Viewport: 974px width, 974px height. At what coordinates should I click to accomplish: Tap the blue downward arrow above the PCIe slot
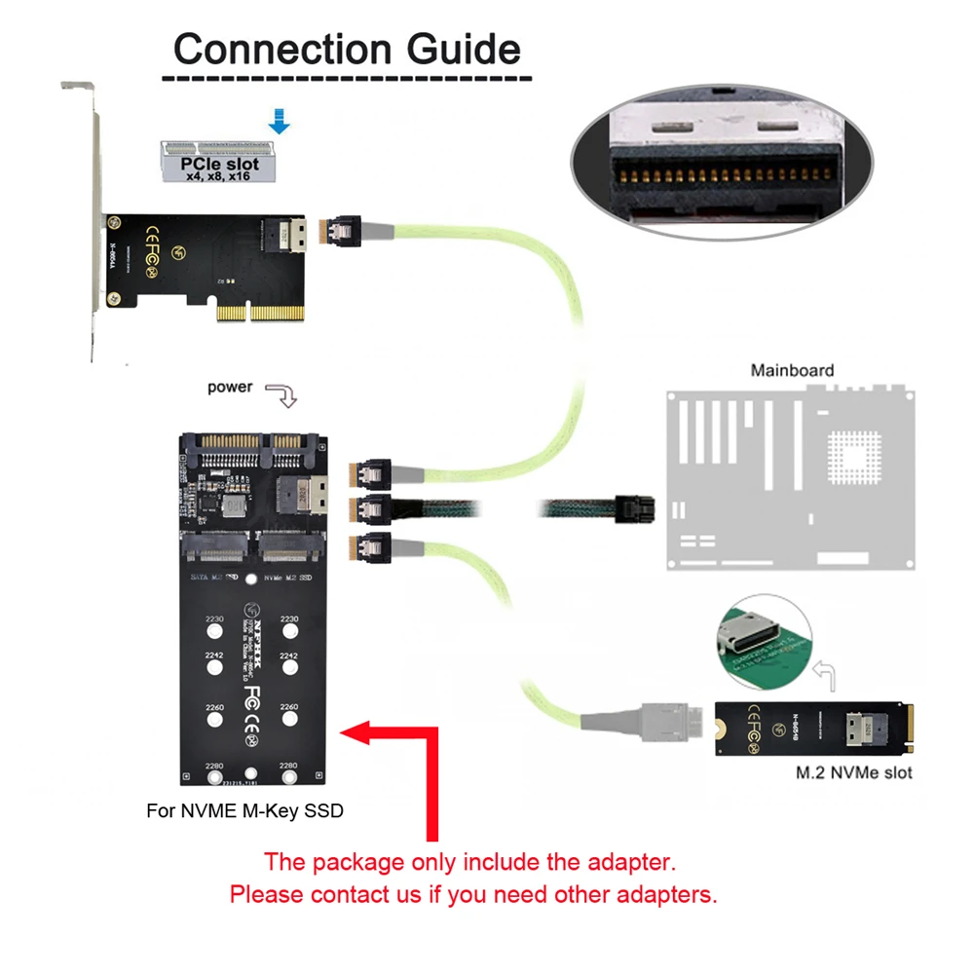pyautogui.click(x=280, y=121)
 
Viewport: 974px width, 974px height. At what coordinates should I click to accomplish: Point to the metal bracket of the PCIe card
pyautogui.click(x=94, y=224)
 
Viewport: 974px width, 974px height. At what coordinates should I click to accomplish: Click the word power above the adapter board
pyautogui.click(x=230, y=387)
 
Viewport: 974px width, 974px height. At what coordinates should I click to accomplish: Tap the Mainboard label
pyautogui.click(x=791, y=370)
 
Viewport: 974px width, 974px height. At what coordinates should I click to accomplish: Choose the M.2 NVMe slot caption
pyautogui.click(x=852, y=773)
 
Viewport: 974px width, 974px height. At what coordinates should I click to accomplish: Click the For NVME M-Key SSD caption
pyautogui.click(x=244, y=810)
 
